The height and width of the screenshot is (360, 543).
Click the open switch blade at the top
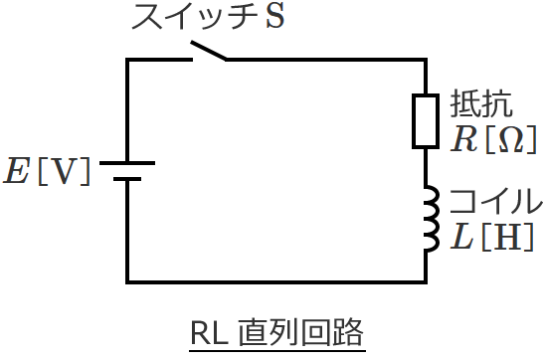coord(208,52)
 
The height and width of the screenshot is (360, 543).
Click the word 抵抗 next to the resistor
coord(482,104)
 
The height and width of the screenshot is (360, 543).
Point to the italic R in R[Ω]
coord(464,139)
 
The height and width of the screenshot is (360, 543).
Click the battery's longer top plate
coord(127,163)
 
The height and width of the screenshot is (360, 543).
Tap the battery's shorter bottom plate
coord(127,180)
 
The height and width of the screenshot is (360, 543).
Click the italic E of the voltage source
coord(17,171)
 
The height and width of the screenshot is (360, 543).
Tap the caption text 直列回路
coord(302,331)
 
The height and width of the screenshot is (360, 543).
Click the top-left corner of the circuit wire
coord(127,60)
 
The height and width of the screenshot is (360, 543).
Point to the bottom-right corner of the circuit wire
coord(427,280)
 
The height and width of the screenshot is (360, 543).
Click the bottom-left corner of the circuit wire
coord(127,280)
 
